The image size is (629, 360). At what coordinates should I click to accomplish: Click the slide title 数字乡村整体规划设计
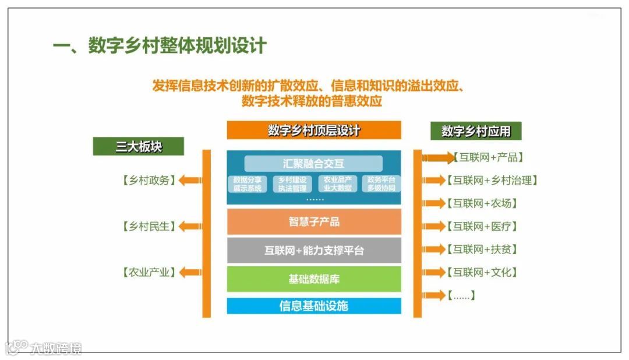point(160,45)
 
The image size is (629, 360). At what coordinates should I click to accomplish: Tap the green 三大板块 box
point(138,146)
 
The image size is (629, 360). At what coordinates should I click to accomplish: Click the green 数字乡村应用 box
point(476,131)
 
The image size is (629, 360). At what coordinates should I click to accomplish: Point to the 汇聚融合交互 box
point(313,164)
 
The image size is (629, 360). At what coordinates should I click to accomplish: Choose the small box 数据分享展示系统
point(247,183)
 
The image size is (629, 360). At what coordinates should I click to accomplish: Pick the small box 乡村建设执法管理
point(292,183)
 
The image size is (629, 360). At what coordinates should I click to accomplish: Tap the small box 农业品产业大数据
point(337,183)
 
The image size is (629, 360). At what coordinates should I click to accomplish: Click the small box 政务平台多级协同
point(381,183)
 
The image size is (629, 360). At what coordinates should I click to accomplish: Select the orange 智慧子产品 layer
point(314,222)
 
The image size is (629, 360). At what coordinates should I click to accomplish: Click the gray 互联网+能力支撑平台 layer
point(314,250)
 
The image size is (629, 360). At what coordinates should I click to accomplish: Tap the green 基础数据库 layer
point(314,279)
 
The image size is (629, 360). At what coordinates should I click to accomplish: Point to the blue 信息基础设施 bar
point(314,306)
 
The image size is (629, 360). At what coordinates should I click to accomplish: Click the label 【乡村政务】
point(149,181)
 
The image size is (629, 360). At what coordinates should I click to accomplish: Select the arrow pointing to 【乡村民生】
point(189,226)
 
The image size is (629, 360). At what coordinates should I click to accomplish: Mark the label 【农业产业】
point(149,272)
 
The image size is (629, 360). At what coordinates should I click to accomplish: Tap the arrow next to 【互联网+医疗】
point(434,226)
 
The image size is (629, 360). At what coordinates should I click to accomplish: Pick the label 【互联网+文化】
point(482,272)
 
